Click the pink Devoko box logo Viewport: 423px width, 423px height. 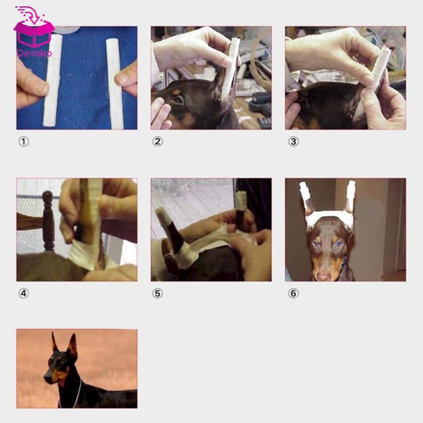[34, 31]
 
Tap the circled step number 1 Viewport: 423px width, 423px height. [23, 142]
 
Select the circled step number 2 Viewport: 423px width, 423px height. [158, 142]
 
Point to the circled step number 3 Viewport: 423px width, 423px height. [292, 142]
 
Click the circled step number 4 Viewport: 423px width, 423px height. [23, 293]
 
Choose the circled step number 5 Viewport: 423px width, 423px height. [158, 293]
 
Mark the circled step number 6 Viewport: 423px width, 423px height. [292, 293]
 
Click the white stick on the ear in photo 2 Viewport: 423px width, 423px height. [230, 69]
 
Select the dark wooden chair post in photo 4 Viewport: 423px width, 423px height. [48, 219]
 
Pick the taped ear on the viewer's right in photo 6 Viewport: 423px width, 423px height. [350, 197]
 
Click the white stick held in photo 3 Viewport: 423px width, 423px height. [380, 69]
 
